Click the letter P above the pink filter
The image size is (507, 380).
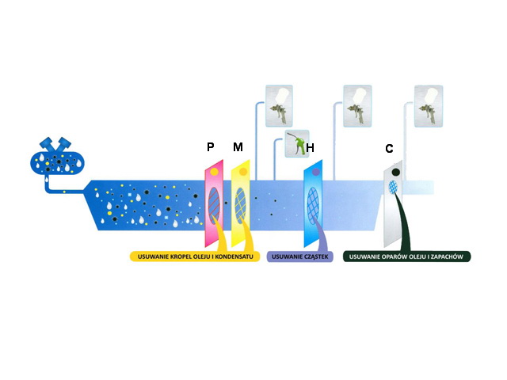pos(211,146)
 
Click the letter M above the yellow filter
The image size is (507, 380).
pos(238,146)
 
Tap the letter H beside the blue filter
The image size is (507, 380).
pos(310,148)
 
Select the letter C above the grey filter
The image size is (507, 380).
pos(389,149)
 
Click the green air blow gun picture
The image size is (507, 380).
pos(297,144)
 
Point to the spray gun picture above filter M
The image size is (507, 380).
pos(279,105)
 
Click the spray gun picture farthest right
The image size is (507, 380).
pos(429,106)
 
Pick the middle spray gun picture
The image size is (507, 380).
pos(357,106)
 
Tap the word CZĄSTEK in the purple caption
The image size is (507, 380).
pos(315,256)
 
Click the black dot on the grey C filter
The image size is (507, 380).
pos(395,173)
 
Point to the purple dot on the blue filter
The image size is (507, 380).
pos(315,173)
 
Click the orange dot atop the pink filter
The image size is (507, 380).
pos(214,172)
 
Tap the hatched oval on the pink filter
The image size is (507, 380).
pos(214,206)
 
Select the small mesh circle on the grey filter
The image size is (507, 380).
pos(393,187)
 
